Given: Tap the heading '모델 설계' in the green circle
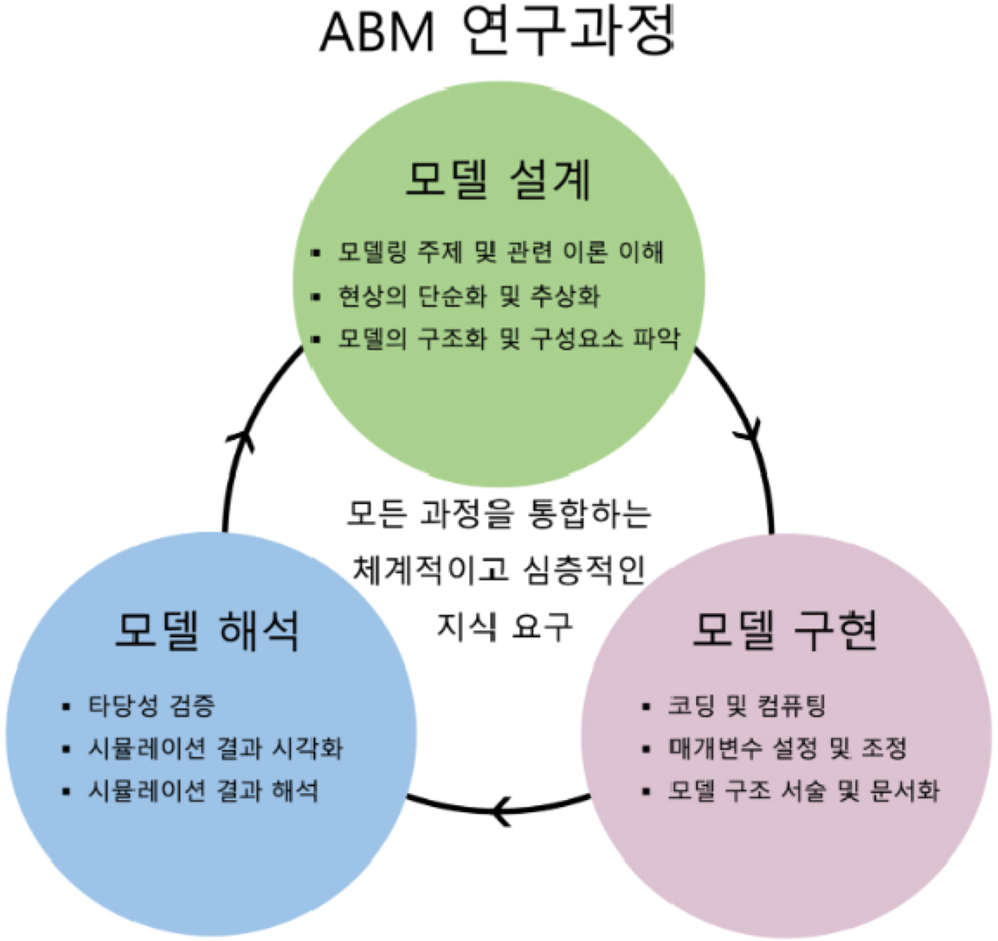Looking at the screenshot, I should [x=499, y=181].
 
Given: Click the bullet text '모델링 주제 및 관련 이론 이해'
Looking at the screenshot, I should [x=501, y=252].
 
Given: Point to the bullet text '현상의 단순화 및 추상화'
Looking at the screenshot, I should [x=468, y=296].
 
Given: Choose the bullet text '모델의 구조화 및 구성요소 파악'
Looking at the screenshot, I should [x=509, y=338].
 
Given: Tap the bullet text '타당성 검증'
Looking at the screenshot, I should [x=151, y=706].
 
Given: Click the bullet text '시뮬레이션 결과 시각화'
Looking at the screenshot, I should [x=215, y=748].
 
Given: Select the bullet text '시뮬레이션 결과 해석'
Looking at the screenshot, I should [x=203, y=790].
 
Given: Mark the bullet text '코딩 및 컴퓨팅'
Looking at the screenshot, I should [x=746, y=706].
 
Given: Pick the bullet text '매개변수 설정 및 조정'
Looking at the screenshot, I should [x=786, y=748].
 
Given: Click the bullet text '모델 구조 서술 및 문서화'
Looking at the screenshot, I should [x=802, y=790].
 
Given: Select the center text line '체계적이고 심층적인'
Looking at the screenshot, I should [x=499, y=569].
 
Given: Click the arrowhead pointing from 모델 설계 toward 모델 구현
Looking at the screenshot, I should [x=750, y=427].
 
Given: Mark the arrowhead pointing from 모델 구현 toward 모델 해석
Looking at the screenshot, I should [x=502, y=811].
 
